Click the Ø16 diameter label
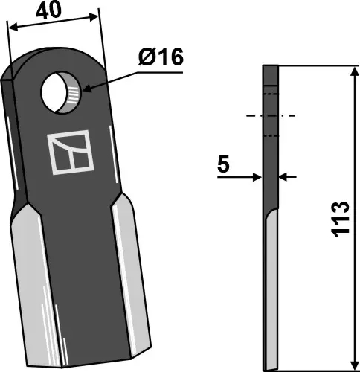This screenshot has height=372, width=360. [159, 58]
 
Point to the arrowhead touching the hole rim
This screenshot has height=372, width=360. [88, 90]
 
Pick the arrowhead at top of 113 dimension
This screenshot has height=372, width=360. [351, 71]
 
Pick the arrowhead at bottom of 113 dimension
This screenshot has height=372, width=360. [351, 365]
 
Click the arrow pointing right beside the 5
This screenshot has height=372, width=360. [257, 177]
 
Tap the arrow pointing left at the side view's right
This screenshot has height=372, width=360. [285, 177]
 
